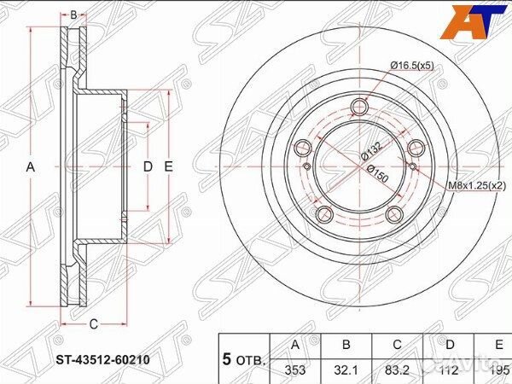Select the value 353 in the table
click(294, 369)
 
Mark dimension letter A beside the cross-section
click(30, 168)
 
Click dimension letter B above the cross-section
click(73, 15)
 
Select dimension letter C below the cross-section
click(93, 323)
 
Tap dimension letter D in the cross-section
click(147, 168)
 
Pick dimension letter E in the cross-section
click(168, 168)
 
